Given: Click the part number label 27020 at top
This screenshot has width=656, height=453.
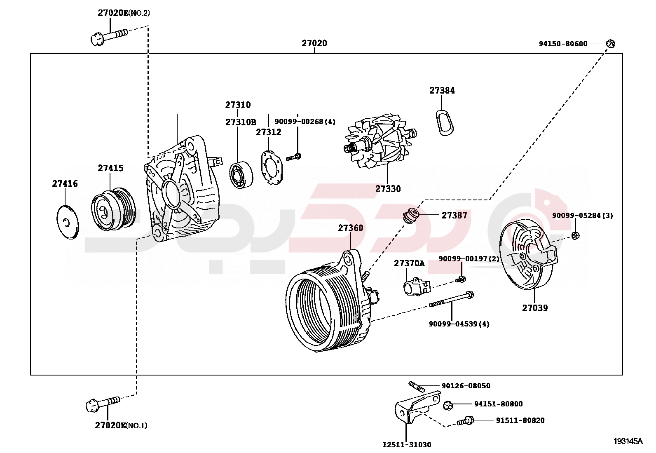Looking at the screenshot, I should pos(314,43).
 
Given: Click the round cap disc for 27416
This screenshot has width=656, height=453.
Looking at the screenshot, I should pos(67,222).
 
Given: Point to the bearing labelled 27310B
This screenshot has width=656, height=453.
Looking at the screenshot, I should pos(241,175).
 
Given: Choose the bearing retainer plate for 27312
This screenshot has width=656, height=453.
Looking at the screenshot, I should pos(272,167).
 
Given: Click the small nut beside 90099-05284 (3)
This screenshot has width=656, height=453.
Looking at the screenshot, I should pos(576,236).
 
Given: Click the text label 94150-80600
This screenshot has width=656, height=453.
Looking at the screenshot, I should pos(563,44).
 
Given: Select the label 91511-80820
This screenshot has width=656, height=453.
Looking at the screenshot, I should pos(520,420).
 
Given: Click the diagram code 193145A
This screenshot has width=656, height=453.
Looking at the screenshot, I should pos(628,441).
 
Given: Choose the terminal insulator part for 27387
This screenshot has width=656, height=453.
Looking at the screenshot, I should pos(411,216).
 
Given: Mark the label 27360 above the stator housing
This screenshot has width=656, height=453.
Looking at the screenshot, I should pos(351,228).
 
